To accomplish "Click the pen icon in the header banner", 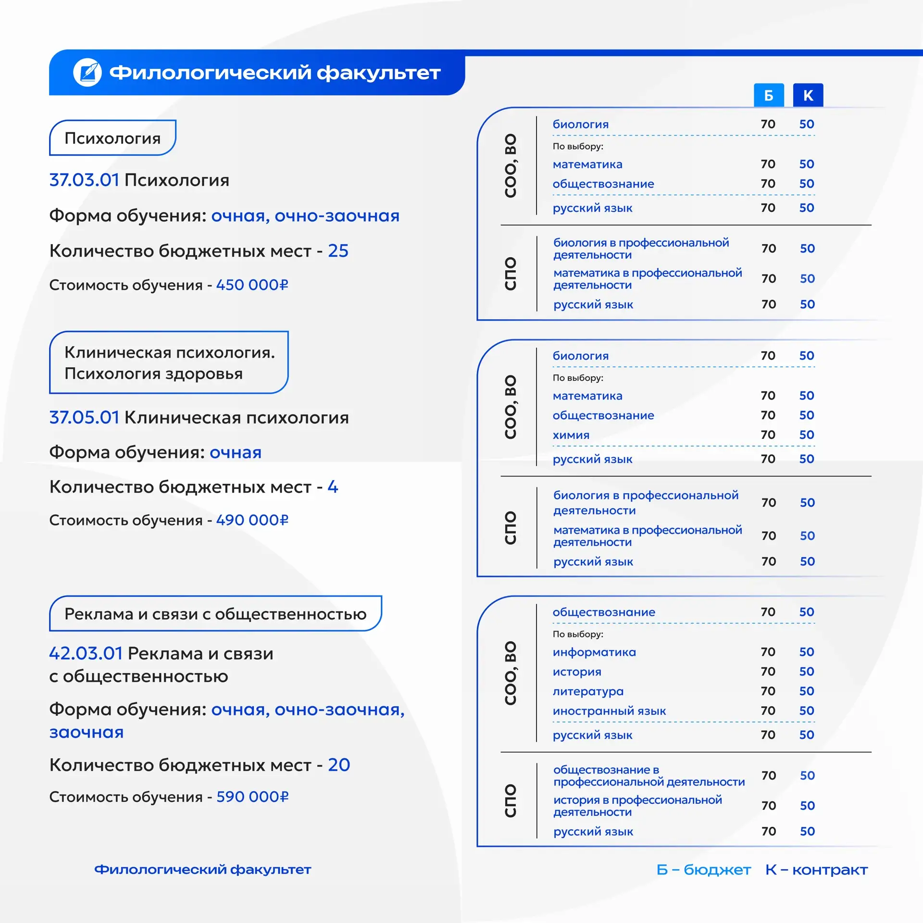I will point(87,73).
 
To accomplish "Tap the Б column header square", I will point(768,95).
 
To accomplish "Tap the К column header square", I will point(808,95).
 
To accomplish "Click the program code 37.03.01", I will point(84,180).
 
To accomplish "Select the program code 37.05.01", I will point(84,417).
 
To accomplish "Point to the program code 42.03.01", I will point(86,653).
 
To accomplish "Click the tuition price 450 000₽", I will point(252,285).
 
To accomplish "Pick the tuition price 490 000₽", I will point(252,520).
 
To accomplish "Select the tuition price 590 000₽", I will point(252,797).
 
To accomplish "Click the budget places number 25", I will point(338,251).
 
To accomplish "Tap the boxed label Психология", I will point(112,138).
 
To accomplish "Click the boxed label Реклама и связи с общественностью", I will point(215,614).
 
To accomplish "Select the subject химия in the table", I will point(571,435).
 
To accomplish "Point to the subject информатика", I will point(594,652).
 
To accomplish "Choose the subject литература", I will point(588,691).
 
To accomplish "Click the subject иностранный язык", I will point(609,711).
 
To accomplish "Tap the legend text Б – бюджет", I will point(703,870).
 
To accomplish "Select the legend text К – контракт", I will point(816,870).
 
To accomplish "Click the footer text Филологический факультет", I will point(202,870).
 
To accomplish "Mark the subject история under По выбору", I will point(577,672).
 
